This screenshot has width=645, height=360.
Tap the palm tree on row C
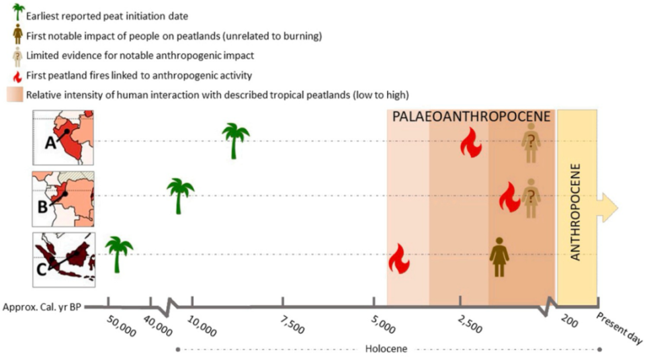119,255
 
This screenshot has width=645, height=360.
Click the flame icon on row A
470,143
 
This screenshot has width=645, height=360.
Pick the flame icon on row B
510,197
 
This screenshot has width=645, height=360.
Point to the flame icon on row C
399,259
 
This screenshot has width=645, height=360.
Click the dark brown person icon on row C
499,257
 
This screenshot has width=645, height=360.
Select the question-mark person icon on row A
531,143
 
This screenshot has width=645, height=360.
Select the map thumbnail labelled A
64,138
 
